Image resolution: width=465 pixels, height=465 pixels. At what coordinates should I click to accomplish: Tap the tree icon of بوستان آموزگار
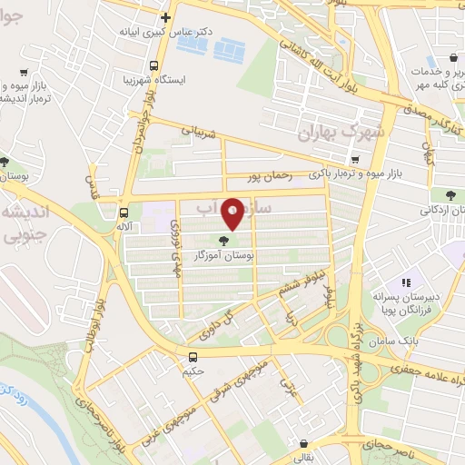pyautogui.click(x=224, y=241)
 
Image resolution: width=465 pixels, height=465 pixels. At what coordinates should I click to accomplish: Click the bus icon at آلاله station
pyautogui.click(x=124, y=213)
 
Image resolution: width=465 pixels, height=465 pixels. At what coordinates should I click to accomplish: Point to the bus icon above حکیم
pyautogui.click(x=193, y=357)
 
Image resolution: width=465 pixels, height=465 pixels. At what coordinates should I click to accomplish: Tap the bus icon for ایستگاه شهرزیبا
pyautogui.click(x=153, y=65)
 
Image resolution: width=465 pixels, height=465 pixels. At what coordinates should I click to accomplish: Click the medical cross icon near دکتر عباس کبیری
pyautogui.click(x=164, y=16)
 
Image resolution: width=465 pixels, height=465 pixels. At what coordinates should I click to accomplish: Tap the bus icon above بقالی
pyautogui.click(x=302, y=442)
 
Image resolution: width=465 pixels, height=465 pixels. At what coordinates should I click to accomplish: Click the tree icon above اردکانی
pyautogui.click(x=450, y=194)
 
